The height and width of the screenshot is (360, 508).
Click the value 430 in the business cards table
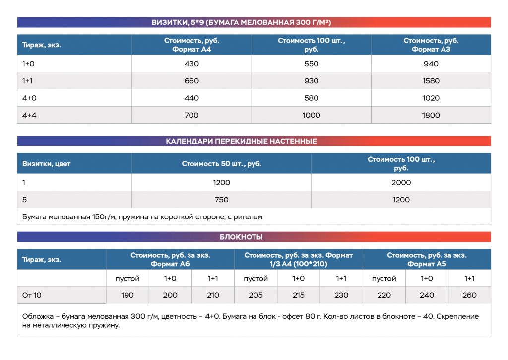(191, 64)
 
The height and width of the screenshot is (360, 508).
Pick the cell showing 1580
(431, 81)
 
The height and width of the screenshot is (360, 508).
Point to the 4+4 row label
(29, 115)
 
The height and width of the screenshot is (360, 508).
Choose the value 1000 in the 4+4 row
(311, 115)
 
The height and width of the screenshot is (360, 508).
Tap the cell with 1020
(431, 98)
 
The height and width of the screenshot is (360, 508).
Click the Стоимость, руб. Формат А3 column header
(431, 45)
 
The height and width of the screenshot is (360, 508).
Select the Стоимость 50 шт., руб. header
(221, 163)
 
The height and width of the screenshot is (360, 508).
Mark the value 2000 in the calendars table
(401, 182)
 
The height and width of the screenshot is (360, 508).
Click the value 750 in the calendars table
(221, 200)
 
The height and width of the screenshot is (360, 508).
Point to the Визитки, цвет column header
(46, 163)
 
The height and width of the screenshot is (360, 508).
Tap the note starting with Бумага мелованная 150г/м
(142, 217)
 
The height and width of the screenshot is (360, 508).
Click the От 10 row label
(32, 295)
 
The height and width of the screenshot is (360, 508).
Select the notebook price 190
(127, 295)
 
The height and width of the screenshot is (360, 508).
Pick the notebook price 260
(469, 295)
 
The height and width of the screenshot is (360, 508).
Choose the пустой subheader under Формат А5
(384, 278)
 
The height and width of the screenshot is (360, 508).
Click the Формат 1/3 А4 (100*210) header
(298, 259)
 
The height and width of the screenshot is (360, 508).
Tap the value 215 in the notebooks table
(298, 295)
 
